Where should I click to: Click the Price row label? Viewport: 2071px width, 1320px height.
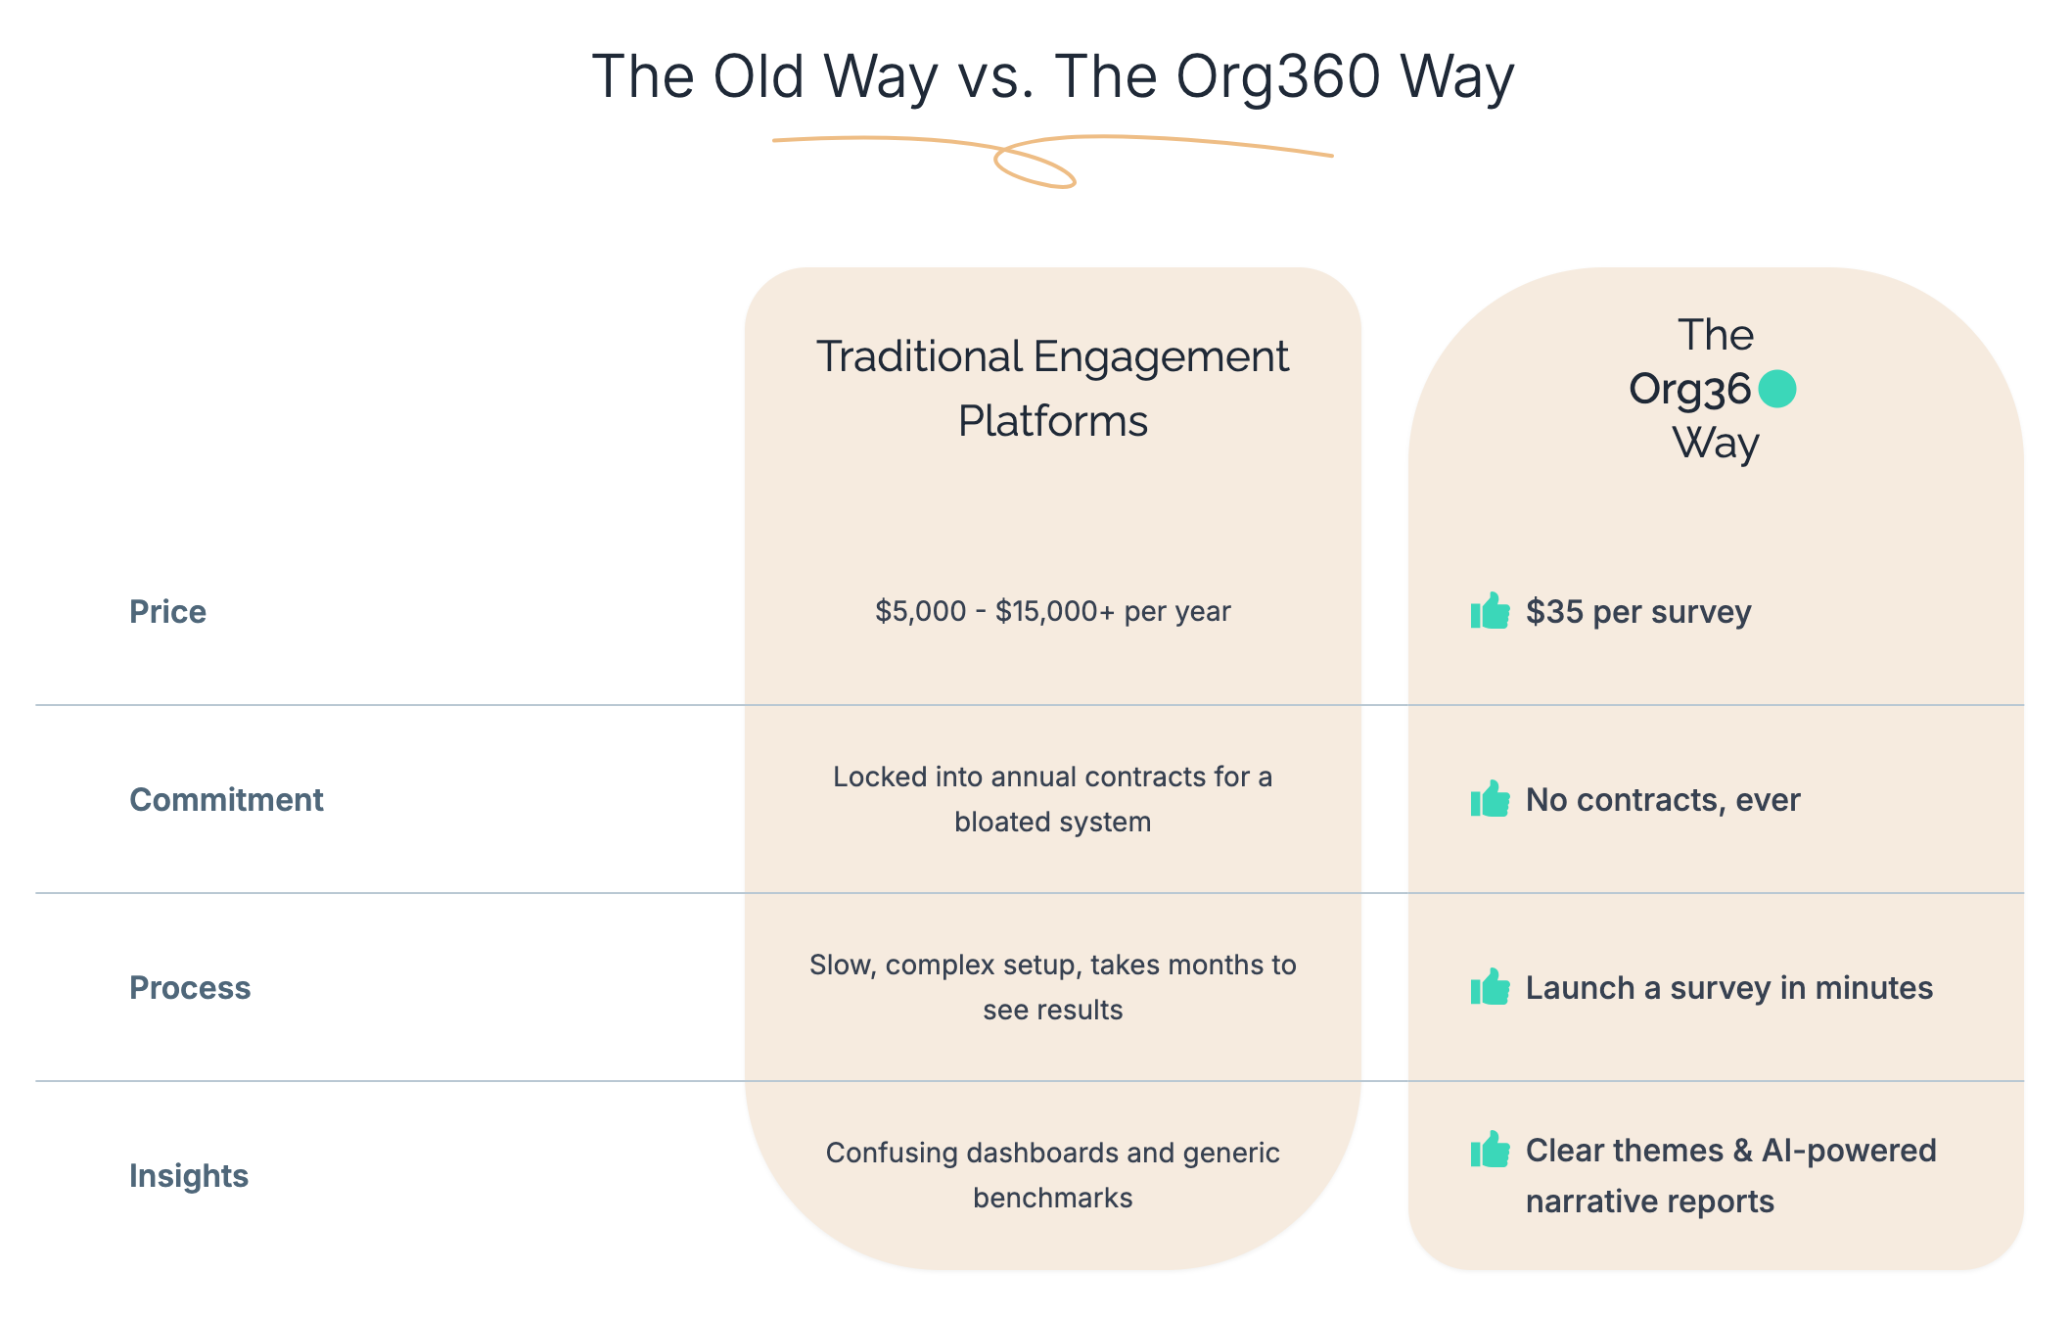pyautogui.click(x=167, y=612)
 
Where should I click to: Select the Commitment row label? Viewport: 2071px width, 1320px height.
pyautogui.click(x=226, y=800)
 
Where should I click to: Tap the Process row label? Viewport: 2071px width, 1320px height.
pyautogui.click(x=190, y=988)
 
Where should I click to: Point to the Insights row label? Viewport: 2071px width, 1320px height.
pyautogui.click(x=189, y=1176)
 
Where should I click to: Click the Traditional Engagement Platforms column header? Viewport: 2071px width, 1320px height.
pyautogui.click(x=1052, y=389)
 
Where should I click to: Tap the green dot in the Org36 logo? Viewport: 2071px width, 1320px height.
pyautogui.click(x=1776, y=389)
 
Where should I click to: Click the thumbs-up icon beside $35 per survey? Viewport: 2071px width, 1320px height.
pyautogui.click(x=1490, y=611)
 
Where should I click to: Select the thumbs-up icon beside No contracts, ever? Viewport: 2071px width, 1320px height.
pyautogui.click(x=1490, y=799)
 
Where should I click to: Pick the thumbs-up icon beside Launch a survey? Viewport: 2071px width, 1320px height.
pyautogui.click(x=1490, y=987)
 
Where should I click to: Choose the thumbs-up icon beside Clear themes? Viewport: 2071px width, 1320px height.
pyautogui.click(x=1490, y=1150)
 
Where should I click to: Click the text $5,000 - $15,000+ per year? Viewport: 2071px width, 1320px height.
pyautogui.click(x=1053, y=612)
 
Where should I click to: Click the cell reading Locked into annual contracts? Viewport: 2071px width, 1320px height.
pyautogui.click(x=1053, y=799)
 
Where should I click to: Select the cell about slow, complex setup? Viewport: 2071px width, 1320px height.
pyautogui.click(x=1053, y=987)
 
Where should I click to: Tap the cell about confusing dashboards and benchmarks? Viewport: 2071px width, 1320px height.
pyautogui.click(x=1053, y=1175)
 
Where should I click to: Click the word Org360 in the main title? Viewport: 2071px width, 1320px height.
pyautogui.click(x=1278, y=77)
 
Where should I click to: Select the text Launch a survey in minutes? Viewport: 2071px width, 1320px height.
pyautogui.click(x=1729, y=988)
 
